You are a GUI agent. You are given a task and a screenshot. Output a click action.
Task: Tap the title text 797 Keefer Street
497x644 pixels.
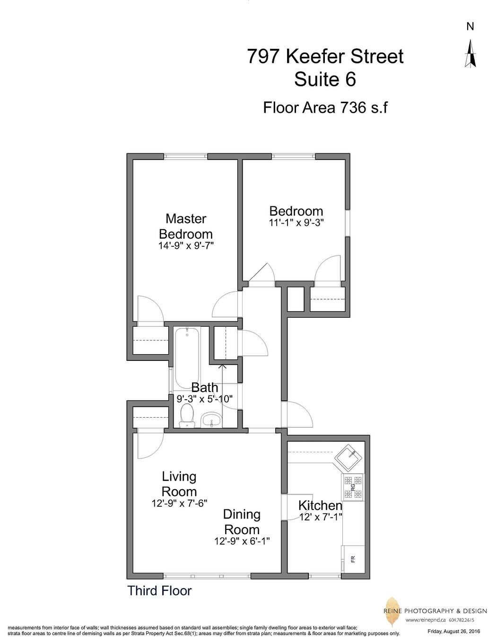(x=325, y=56)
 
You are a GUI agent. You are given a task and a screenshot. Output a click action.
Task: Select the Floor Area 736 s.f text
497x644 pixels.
(x=325, y=107)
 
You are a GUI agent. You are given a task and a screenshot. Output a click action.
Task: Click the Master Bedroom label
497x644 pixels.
(x=186, y=226)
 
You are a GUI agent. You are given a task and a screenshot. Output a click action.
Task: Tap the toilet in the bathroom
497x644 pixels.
(x=188, y=415)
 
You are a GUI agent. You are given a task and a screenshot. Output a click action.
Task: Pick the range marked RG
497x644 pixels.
(x=353, y=487)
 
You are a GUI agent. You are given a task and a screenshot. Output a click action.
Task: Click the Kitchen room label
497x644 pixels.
(x=320, y=505)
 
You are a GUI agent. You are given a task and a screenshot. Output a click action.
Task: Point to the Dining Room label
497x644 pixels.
(x=242, y=522)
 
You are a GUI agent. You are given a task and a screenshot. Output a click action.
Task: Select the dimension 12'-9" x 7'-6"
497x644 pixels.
(x=179, y=503)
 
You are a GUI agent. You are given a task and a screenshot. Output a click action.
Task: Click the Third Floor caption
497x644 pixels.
(x=160, y=590)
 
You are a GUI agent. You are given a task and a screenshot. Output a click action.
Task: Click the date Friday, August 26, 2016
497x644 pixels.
(x=453, y=631)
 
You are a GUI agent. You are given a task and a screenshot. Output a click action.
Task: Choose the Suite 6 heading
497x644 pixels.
(x=325, y=79)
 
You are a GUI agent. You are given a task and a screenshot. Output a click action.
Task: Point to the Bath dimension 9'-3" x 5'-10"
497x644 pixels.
(x=205, y=399)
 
